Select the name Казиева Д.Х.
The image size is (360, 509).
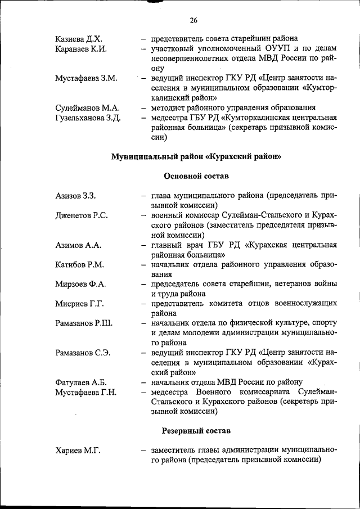coord(78,39)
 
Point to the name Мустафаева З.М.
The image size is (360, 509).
coord(86,78)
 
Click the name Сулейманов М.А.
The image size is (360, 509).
coord(87,107)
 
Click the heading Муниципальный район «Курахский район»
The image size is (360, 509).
coord(196,156)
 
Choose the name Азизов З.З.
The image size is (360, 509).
coord(76,196)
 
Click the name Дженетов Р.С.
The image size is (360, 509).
coord(82,215)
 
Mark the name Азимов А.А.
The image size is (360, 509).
coord(78,245)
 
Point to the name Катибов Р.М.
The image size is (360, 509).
coord(80,264)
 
